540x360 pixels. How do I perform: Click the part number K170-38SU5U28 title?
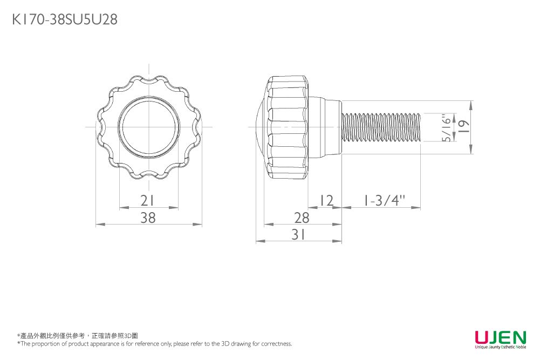[64, 20]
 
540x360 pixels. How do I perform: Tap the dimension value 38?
[148, 218]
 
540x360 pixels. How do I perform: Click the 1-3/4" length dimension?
[384, 201]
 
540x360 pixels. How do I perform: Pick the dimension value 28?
[302, 218]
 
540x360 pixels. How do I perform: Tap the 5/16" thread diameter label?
[445, 128]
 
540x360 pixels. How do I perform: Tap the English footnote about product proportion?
[155, 344]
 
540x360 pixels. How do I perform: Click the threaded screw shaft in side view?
[383, 128]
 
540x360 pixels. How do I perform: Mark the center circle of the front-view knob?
[149, 127]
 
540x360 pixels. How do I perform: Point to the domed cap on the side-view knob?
[259, 127]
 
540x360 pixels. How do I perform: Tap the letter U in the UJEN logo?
[481, 338]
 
